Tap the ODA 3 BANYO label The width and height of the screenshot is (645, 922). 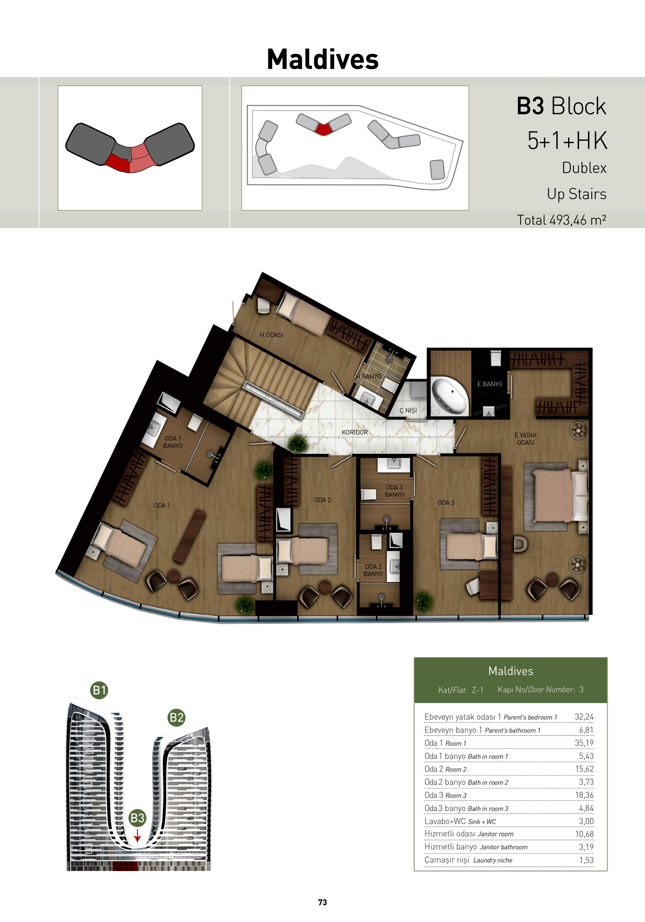(x=394, y=491)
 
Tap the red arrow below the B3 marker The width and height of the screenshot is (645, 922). (x=137, y=836)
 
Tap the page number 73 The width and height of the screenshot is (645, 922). (x=322, y=902)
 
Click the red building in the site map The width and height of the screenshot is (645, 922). (x=323, y=128)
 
